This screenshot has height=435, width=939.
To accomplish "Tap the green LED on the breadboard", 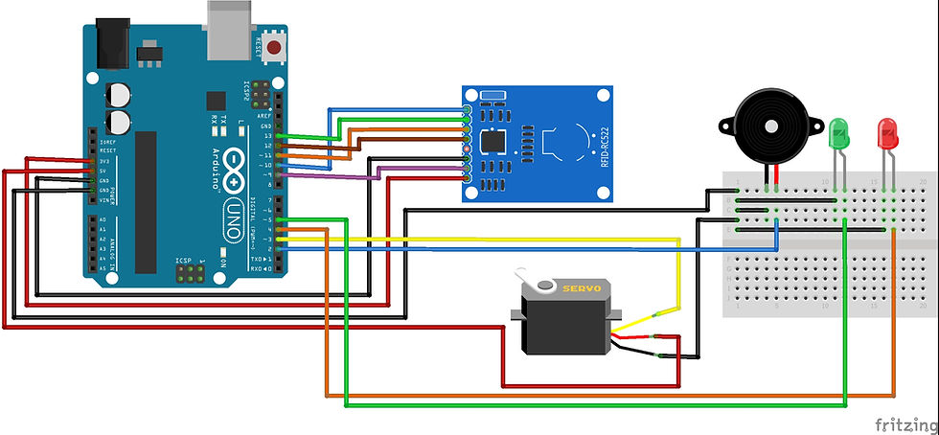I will pyautogui.click(x=839, y=133).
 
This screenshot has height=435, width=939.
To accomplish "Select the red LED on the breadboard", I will pyautogui.click(x=887, y=131).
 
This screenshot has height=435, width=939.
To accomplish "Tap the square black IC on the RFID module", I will pyautogui.click(x=494, y=141).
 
